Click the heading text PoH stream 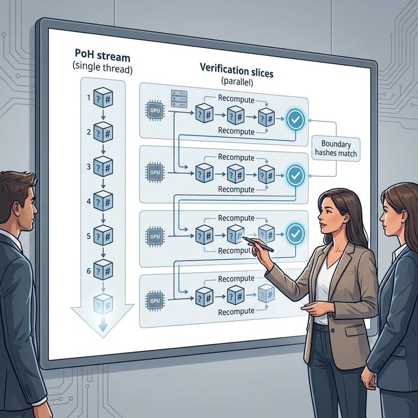103,54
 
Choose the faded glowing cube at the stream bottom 103,303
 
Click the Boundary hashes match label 335,149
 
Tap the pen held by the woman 257,244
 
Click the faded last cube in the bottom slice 266,293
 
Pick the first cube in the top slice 204,114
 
